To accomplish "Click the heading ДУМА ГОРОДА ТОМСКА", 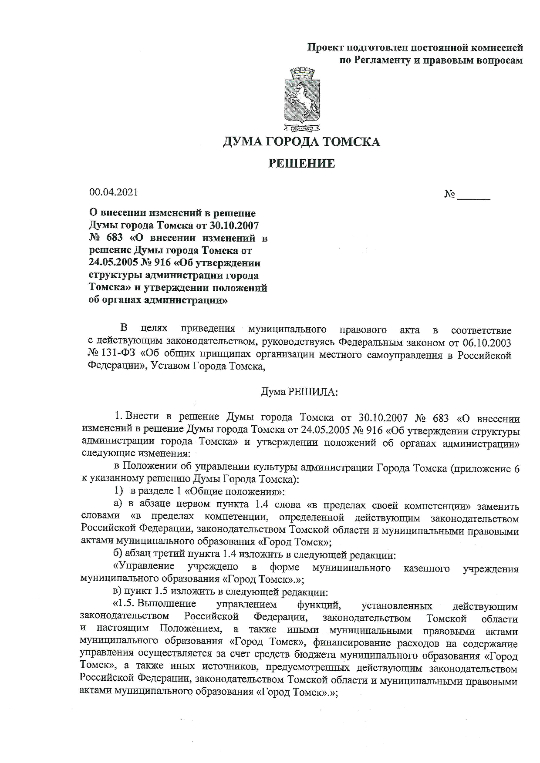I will pos(301,142).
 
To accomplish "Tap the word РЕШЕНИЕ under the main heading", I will pos(301,164).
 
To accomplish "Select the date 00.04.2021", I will pos(113,192).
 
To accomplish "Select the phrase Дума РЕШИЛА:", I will pos(299,392).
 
